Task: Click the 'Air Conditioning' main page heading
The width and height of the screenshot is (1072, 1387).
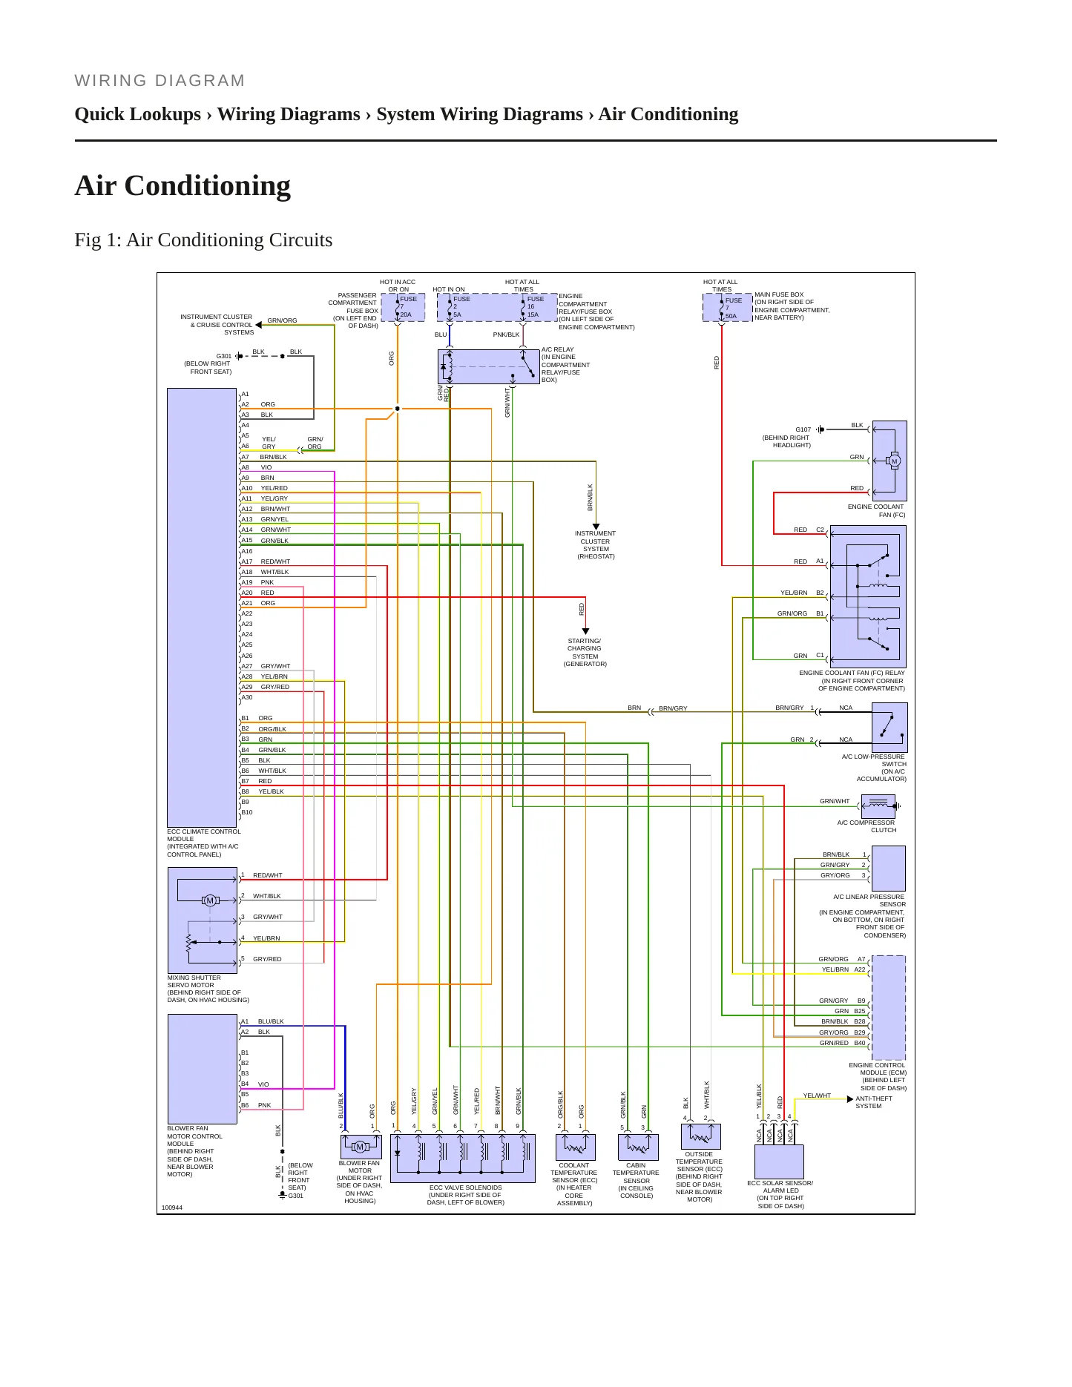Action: click(182, 185)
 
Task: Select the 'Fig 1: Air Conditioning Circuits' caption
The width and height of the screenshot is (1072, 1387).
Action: click(203, 240)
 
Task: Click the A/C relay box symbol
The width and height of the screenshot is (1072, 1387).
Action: click(488, 366)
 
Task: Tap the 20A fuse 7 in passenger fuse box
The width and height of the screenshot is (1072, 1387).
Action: click(403, 307)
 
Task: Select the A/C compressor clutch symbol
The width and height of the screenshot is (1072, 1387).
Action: click(878, 805)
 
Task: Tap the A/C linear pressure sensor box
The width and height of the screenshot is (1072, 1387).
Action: click(888, 869)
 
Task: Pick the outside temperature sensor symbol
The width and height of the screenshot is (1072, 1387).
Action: click(700, 1136)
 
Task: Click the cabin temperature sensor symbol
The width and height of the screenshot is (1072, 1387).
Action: click(638, 1147)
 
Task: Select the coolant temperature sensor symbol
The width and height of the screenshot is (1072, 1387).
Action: click(575, 1147)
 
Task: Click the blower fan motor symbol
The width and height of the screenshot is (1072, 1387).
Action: click(361, 1147)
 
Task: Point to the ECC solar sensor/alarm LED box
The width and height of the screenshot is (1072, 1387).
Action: click(779, 1162)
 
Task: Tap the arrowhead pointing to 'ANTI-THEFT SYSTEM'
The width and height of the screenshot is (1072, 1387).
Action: click(850, 1099)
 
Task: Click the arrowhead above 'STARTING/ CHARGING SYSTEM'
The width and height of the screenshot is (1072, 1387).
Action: click(585, 632)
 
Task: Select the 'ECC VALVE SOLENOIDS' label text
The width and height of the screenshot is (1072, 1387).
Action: click(465, 1187)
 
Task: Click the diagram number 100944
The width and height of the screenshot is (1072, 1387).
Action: click(172, 1208)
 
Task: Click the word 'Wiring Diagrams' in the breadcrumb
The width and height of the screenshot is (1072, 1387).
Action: click(289, 114)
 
